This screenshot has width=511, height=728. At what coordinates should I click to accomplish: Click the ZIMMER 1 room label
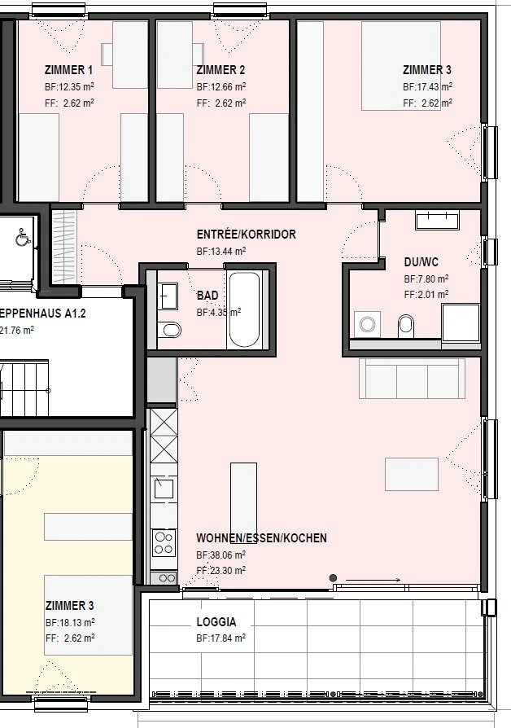pyautogui.click(x=68, y=70)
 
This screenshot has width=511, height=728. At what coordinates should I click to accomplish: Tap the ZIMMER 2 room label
pyautogui.click(x=221, y=70)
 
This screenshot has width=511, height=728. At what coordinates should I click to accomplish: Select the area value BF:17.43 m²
pyautogui.click(x=427, y=86)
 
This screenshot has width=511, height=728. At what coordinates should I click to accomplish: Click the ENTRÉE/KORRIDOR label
pyautogui.click(x=246, y=235)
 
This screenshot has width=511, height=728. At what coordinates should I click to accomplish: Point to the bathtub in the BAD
pyautogui.click(x=244, y=309)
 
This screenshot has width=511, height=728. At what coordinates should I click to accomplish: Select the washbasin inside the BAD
pyautogui.click(x=168, y=295)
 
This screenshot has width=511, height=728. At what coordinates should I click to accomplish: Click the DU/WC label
pyautogui.click(x=421, y=262)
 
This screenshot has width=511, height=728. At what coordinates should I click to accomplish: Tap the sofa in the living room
pyautogui.click(x=412, y=379)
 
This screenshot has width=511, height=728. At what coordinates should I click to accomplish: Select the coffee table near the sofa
pyautogui.click(x=412, y=474)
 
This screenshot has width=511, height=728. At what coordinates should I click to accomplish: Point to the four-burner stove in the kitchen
pyautogui.click(x=164, y=542)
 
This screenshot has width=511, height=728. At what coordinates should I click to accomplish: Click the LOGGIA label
pyautogui.click(x=216, y=621)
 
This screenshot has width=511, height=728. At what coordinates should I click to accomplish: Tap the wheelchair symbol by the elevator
pyautogui.click(x=22, y=237)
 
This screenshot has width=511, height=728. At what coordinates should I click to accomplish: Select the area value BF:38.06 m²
pyautogui.click(x=221, y=555)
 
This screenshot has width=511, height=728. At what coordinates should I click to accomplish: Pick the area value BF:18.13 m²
pyautogui.click(x=69, y=622)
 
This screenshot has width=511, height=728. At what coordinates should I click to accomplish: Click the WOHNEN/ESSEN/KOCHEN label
pyautogui.click(x=261, y=538)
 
